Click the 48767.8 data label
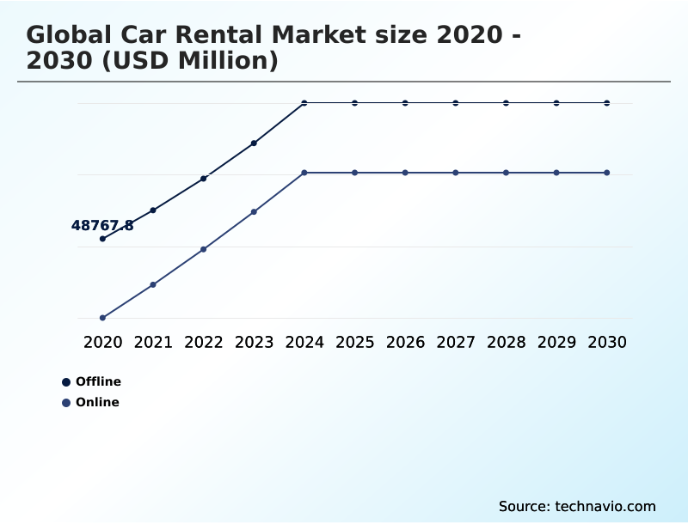pos(102,226)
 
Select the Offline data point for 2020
pos(102,239)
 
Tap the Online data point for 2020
pos(102,318)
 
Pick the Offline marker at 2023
pos(254,143)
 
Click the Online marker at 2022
pos(204,249)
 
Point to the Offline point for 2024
pos(304,103)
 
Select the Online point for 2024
pos(304,173)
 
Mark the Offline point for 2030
pos(607,103)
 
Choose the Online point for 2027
pos(456,173)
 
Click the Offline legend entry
pos(91,381)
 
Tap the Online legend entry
pos(90,402)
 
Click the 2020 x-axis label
pos(102,342)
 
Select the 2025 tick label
pos(354,342)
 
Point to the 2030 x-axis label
pos(607,342)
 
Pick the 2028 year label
pos(506,342)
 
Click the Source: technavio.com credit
pos(577,506)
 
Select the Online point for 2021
pos(153,284)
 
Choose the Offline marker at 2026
pos(405,103)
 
